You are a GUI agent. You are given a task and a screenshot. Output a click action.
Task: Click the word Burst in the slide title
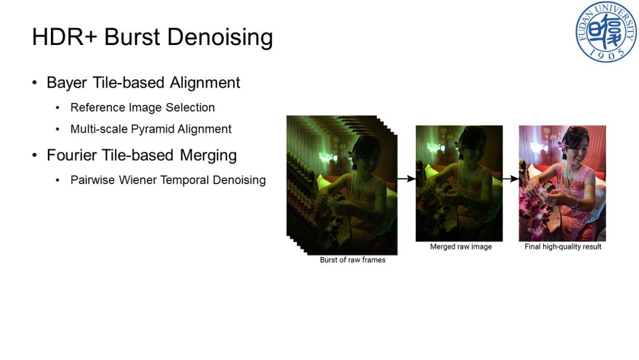click(132, 37)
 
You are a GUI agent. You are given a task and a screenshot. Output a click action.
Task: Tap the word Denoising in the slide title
click(220, 37)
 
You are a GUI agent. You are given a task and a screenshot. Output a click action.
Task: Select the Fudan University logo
click(606, 32)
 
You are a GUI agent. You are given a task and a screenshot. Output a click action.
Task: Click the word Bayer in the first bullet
click(67, 83)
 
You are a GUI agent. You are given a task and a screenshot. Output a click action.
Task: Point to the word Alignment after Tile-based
click(205, 83)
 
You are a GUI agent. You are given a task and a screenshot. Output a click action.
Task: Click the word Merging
click(208, 156)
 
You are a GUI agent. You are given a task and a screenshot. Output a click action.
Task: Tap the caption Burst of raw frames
click(353, 260)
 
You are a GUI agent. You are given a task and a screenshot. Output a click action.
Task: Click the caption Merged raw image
click(461, 247)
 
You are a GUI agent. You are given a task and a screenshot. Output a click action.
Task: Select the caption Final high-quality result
click(563, 247)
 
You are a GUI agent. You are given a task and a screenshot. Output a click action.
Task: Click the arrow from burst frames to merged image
click(406, 179)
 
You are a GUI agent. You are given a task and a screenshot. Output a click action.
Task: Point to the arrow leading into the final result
click(511, 179)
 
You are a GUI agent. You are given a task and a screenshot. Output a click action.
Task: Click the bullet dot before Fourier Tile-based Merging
click(35, 155)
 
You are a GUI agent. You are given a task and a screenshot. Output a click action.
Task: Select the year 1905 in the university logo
click(607, 53)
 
